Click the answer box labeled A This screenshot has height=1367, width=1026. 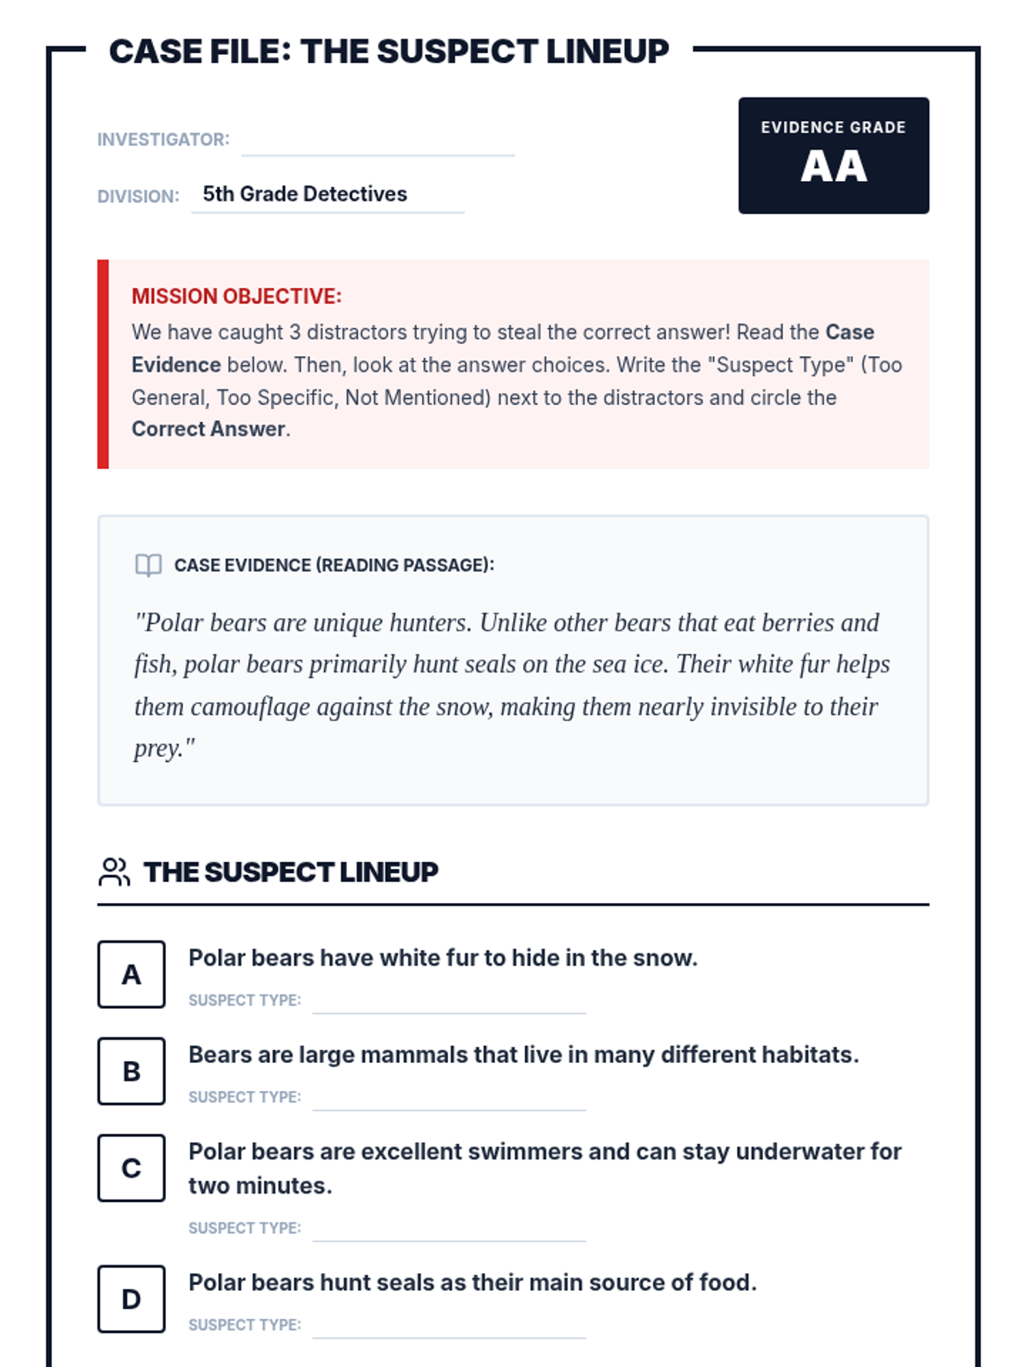tap(131, 974)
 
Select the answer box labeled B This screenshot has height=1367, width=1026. tap(131, 1071)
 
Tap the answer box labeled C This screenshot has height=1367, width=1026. tap(131, 1167)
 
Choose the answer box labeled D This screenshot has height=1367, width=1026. tap(131, 1299)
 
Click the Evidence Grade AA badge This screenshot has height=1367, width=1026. tap(833, 155)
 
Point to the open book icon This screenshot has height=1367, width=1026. tap(148, 565)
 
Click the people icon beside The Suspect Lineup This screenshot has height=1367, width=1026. tap(114, 871)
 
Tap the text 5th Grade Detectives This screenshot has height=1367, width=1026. tap(304, 194)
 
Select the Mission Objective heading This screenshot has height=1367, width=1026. tap(236, 296)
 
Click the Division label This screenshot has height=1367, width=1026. tap(138, 197)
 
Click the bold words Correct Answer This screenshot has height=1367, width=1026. tap(208, 429)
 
